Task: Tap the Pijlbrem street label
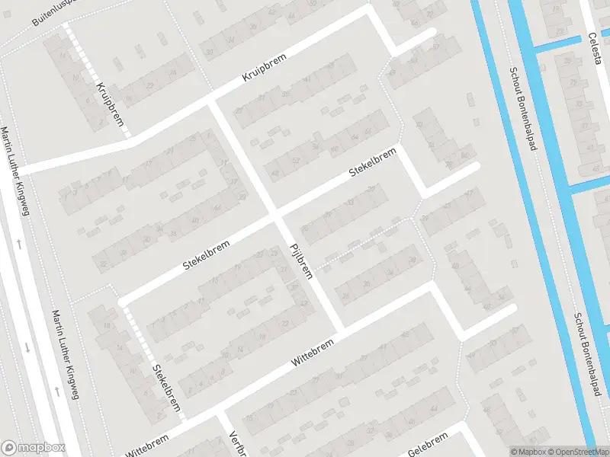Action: point(300,260)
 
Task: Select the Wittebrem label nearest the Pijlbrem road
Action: point(313,356)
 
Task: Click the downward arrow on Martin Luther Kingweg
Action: point(27,347)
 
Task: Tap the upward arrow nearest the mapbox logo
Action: point(56,392)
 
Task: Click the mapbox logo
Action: point(34,448)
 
